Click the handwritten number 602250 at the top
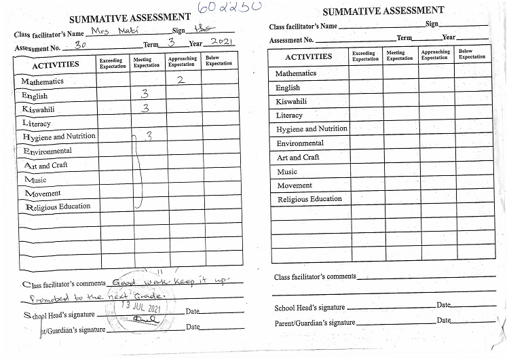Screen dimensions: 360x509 click(x=229, y=7)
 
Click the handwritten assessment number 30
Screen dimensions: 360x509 click(x=79, y=46)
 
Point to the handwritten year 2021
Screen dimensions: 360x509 click(x=219, y=42)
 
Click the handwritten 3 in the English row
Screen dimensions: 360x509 click(x=145, y=94)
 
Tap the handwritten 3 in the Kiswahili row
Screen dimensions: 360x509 click(x=145, y=108)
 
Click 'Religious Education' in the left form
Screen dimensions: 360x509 click(x=58, y=206)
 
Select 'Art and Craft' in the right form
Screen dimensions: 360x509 click(x=298, y=158)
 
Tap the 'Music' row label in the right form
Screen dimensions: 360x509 click(x=287, y=172)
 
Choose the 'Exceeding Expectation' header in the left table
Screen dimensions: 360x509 click(x=113, y=63)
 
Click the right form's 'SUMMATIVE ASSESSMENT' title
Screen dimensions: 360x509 click(x=383, y=11)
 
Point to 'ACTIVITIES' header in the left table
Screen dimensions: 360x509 click(x=56, y=65)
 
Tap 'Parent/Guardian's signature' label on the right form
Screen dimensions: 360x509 click(x=314, y=323)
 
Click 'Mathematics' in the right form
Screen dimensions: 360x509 click(x=296, y=73)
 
